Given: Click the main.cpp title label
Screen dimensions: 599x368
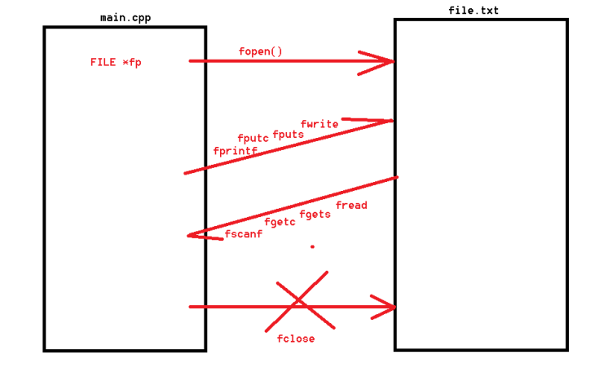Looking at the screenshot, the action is point(125,17).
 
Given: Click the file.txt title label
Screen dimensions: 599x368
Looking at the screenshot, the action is point(473,11).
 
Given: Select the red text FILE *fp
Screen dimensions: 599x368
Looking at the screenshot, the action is point(115,62).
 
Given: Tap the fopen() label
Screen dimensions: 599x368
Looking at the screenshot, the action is point(261,51).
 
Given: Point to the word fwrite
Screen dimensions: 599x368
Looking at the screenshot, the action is point(319,124).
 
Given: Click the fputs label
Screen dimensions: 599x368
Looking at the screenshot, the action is point(288,134).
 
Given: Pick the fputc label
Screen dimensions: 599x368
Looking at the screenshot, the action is point(253,139).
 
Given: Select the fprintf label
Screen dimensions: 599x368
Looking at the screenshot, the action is point(235,151).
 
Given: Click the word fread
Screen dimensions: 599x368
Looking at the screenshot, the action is point(351,206).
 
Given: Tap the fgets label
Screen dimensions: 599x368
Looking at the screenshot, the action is point(315,215).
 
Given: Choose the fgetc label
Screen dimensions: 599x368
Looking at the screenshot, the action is point(280,222).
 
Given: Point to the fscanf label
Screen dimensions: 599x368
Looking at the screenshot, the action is point(244,234).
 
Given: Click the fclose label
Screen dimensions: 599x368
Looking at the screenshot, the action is point(295,339).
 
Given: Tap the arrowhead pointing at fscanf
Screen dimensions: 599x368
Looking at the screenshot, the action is point(196,236).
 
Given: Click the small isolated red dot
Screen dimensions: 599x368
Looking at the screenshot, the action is point(312,246).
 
